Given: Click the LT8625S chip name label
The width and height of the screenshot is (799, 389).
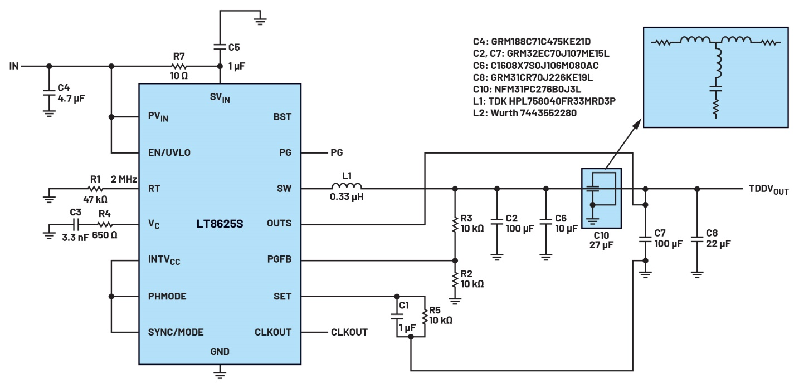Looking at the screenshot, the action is [220, 224].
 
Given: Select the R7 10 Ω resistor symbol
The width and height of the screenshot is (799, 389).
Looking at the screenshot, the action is [179, 66].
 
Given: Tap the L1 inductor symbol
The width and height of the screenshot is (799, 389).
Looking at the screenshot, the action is [347, 186].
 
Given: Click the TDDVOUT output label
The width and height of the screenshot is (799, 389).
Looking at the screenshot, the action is [768, 190].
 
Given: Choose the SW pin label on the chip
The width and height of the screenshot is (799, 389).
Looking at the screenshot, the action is [284, 189].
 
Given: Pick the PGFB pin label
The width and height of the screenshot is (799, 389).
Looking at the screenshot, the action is [279, 259].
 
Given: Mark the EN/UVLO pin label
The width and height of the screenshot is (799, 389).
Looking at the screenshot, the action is [169, 152].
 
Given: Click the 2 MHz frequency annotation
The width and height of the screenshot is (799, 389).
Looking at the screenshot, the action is [124, 179].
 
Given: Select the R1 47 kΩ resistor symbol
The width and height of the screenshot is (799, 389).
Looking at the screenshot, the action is [95, 189].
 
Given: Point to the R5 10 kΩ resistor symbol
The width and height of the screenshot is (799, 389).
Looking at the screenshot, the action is [425, 317].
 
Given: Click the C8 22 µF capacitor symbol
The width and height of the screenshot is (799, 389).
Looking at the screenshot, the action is [697, 239].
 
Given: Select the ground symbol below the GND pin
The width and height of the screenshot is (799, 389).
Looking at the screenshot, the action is [220, 373].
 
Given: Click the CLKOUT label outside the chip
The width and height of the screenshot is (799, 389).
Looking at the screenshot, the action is [349, 332].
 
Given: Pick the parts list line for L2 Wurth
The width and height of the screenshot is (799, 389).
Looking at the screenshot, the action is [525, 113].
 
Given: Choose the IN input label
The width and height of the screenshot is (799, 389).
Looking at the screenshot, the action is [14, 66].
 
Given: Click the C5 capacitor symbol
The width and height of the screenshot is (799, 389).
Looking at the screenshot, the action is [220, 47].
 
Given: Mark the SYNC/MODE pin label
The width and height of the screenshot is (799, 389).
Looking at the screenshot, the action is [176, 332].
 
